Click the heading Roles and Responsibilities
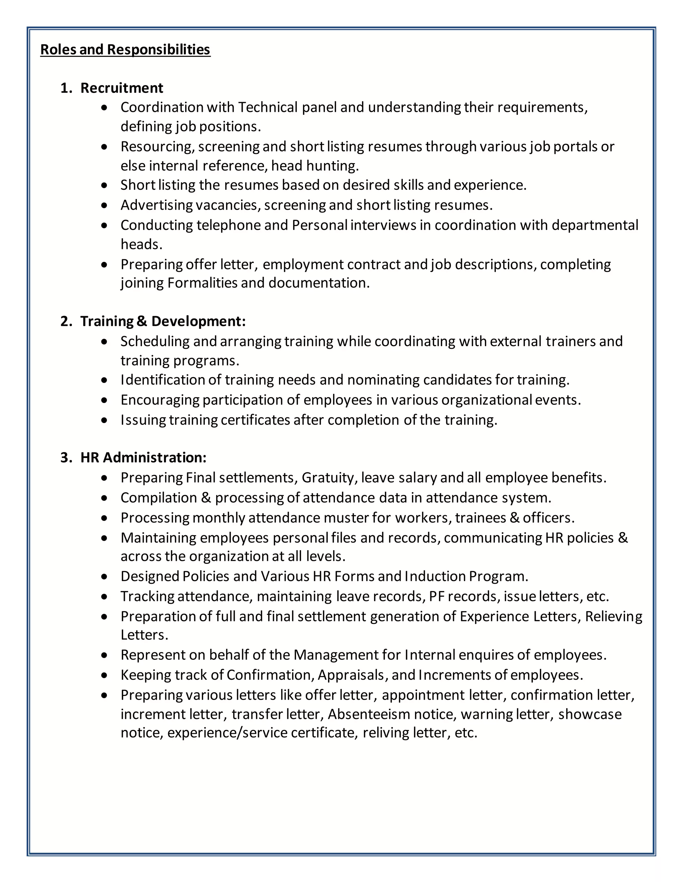coord(125,50)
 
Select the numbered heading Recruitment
coord(122,88)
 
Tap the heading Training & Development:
coord(163,321)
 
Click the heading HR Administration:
coord(144,458)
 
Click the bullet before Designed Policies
coord(105,577)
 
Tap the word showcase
coord(590,714)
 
